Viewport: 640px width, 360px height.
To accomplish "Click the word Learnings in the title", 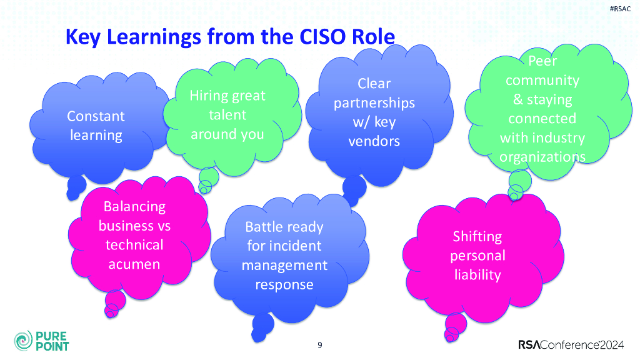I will click(x=154, y=37).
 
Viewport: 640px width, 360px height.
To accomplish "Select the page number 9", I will click(x=320, y=344).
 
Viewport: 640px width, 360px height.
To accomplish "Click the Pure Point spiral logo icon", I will click(x=22, y=341).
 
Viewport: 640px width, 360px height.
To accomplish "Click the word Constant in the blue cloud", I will click(x=96, y=116).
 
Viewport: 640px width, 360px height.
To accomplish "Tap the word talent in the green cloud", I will click(x=227, y=115).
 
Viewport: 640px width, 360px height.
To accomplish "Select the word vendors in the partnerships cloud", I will click(x=374, y=141).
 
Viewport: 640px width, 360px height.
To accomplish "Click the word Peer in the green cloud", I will click(x=542, y=61).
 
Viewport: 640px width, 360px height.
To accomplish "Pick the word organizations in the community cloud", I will click(x=542, y=156).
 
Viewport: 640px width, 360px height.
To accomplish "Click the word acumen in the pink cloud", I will click(x=134, y=264).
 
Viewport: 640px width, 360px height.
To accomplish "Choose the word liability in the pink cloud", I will click(x=477, y=275).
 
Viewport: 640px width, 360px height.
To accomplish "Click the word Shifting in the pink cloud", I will click(x=477, y=236).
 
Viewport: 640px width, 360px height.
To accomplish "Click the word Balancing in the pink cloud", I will click(x=134, y=206).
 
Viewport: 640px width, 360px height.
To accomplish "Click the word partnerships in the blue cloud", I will click(x=374, y=102).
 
